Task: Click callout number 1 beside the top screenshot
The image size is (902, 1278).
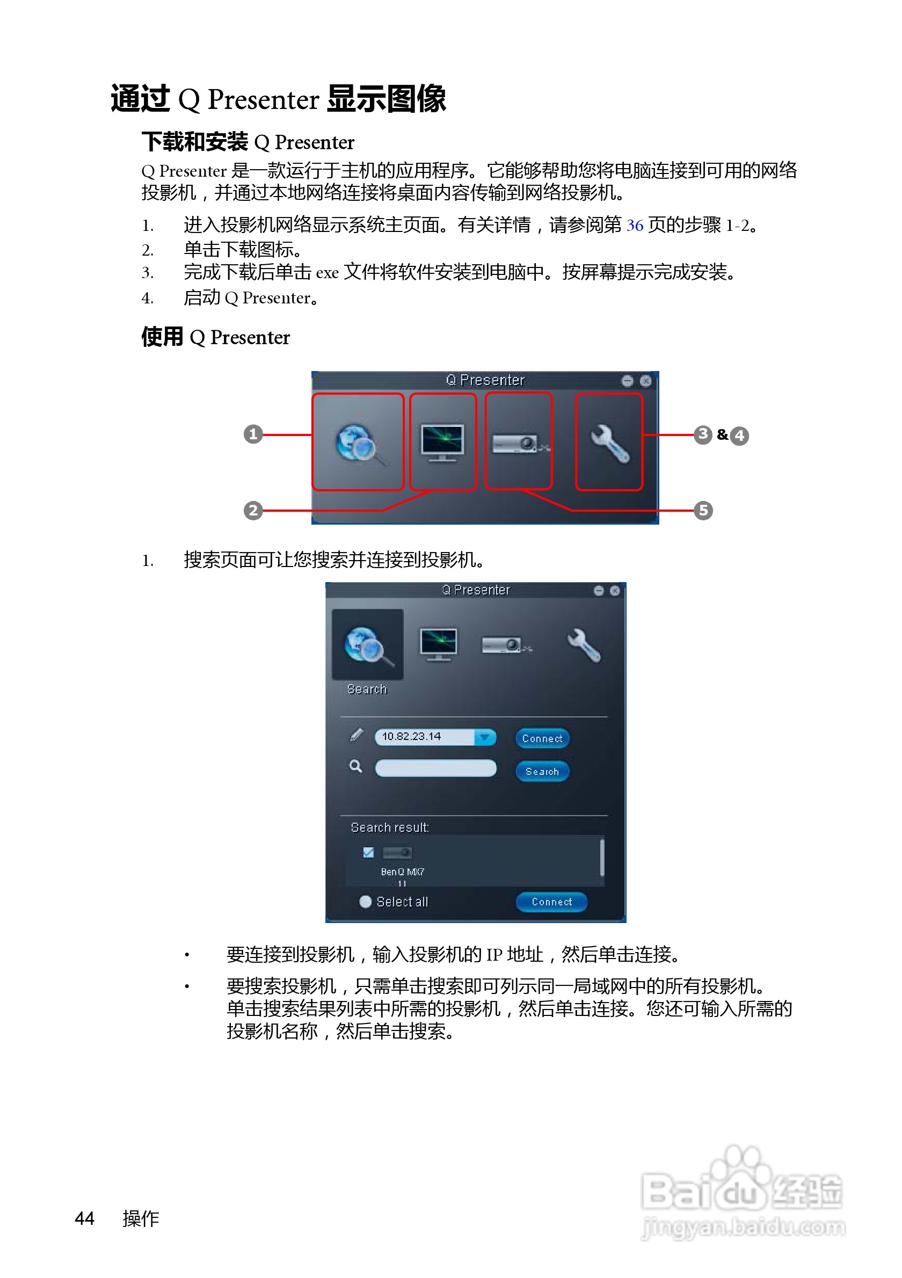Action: (253, 434)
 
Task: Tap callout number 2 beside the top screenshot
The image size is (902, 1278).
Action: (253, 511)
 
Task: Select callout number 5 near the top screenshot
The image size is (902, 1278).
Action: (703, 511)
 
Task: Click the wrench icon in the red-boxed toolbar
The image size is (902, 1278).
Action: (609, 443)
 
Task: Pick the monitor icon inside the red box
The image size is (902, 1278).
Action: (443, 443)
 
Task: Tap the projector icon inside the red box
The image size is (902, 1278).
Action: (518, 443)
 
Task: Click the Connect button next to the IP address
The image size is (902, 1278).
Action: (542, 739)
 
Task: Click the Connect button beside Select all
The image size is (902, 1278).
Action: (551, 902)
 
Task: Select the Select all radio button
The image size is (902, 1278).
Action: (366, 902)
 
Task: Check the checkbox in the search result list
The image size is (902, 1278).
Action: (368, 853)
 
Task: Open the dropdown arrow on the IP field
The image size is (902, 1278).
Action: (485, 737)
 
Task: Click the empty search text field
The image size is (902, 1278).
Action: (435, 768)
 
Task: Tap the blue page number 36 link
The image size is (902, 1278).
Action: (635, 226)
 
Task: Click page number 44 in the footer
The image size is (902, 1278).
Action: (85, 1218)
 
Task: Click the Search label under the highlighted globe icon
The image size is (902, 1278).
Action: (367, 689)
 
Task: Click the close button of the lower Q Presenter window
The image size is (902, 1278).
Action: (614, 591)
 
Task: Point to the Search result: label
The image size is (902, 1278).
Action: (389, 827)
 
